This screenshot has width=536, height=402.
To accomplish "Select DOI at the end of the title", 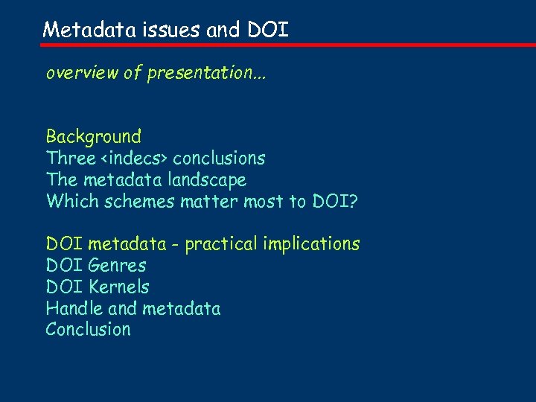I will click(x=267, y=30).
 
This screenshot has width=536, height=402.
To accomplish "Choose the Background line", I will click(x=94, y=137).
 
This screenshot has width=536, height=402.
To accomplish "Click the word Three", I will click(x=71, y=159).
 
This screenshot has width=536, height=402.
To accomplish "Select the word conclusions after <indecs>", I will click(x=219, y=159).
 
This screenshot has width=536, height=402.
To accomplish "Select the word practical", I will click(x=220, y=244).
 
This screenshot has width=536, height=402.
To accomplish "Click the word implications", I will click(x=310, y=244).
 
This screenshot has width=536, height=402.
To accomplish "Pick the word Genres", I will click(x=117, y=266).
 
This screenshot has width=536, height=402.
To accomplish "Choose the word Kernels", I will click(x=118, y=287).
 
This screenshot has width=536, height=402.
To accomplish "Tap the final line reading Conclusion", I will click(x=88, y=330).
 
